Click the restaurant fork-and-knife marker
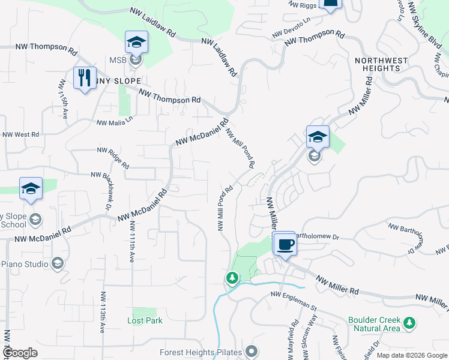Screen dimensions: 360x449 tap(84, 78)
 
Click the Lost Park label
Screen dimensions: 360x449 tap(145, 320)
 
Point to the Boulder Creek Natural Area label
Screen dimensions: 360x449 tap(373, 324)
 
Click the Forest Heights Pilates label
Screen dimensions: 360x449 tap(200, 352)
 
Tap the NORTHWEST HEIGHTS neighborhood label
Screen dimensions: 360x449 tap(381, 64)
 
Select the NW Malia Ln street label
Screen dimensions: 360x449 tap(114, 122)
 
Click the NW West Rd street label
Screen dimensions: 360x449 tap(21, 134)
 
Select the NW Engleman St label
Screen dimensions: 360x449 tap(294, 299)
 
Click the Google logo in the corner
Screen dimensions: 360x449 tap(20, 352)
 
